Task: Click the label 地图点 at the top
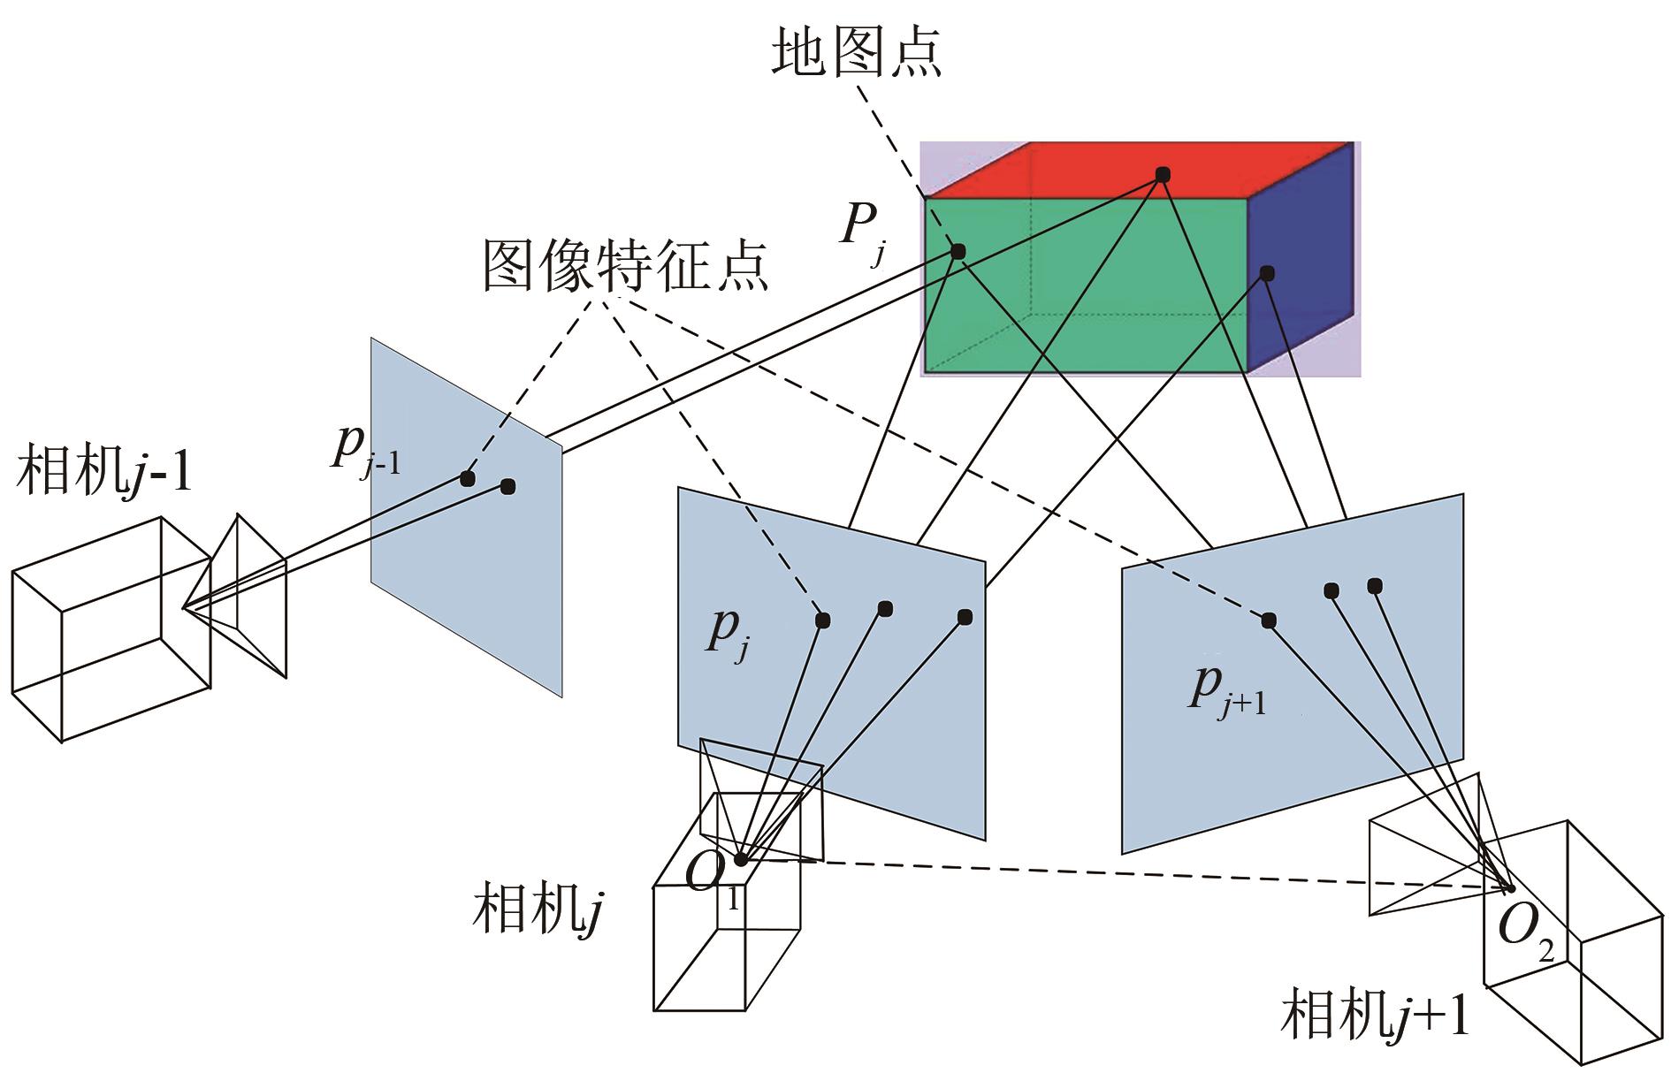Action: coord(856,51)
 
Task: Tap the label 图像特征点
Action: coord(625,264)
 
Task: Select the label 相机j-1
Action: coord(104,470)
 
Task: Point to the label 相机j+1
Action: coord(1375,1014)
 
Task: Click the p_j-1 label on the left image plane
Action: coord(365,450)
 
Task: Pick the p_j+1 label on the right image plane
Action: coord(1225,690)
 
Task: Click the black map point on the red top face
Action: coord(1163,175)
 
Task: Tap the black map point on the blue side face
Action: coord(1267,273)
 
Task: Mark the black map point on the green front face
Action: coord(958,252)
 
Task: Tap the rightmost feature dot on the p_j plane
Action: coord(965,616)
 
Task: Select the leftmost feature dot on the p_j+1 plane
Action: coord(1269,620)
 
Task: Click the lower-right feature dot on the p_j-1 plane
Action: coord(507,486)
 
